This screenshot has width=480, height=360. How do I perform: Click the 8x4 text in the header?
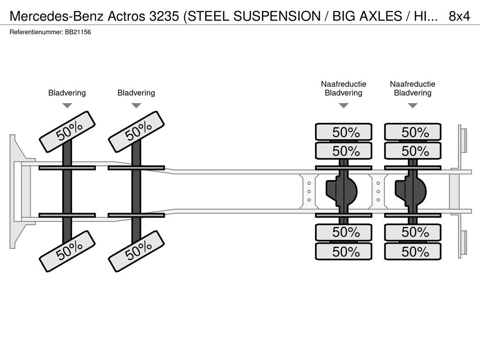(459, 16)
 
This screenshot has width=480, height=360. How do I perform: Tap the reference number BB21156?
(78, 32)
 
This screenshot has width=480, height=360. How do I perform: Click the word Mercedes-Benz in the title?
(57, 16)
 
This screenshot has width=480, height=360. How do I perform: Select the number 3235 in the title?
(164, 16)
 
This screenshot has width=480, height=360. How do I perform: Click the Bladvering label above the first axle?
(67, 93)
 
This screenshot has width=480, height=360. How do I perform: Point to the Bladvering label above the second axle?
(136, 93)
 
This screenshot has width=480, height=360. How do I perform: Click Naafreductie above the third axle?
(344, 84)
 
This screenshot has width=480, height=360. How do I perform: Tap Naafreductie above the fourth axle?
(412, 84)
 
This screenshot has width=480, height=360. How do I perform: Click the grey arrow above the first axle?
(67, 105)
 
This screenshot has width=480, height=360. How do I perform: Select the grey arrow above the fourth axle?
(413, 105)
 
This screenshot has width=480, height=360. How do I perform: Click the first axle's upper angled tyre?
(67, 132)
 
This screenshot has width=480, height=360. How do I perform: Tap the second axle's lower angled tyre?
(136, 251)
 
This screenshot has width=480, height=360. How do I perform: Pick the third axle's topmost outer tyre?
(344, 132)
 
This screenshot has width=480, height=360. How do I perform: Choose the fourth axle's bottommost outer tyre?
(412, 252)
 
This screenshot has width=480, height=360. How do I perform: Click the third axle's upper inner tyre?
(344, 151)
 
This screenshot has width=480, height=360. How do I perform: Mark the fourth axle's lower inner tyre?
(412, 232)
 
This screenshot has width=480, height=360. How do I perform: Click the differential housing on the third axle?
(342, 192)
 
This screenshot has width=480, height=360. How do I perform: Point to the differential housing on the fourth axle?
(411, 192)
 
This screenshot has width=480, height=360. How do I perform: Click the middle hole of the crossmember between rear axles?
(378, 192)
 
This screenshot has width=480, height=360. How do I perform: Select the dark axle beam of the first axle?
(67, 191)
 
